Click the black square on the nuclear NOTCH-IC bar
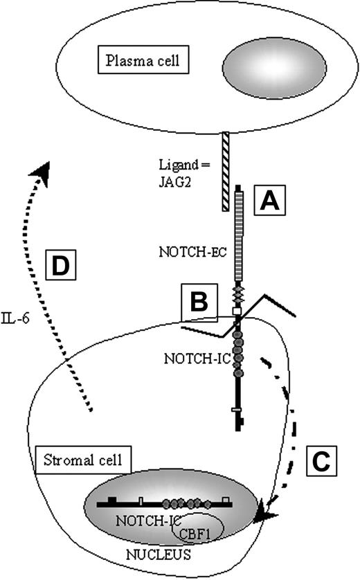point(111,498)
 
